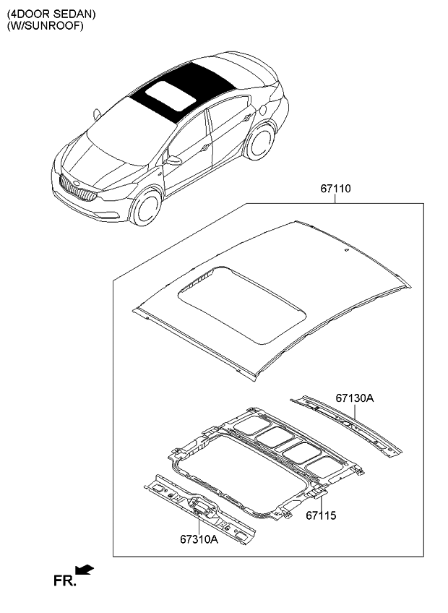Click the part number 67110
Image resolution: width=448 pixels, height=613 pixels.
coord(335,189)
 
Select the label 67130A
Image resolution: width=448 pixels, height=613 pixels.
coord(355,398)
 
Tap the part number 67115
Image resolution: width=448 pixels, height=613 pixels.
coord(321,515)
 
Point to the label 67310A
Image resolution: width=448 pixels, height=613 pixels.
coord(199,539)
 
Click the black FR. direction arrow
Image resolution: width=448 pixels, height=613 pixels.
coord(85,570)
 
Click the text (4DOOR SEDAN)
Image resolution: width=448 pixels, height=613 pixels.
coord(51,14)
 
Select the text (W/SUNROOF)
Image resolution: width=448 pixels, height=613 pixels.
coord(45,26)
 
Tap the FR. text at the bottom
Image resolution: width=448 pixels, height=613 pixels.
coord(64,581)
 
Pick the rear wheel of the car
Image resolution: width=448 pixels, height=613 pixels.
coord(260,142)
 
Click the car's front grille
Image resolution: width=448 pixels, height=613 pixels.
coord(78,188)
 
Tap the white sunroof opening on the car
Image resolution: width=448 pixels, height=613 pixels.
coord(171,95)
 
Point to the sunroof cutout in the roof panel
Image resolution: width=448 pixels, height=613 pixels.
coord(241,305)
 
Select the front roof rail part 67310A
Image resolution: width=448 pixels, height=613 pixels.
coord(199,509)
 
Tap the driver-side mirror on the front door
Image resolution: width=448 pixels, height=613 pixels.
coord(173,160)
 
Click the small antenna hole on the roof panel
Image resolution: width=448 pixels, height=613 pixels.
coord(346,250)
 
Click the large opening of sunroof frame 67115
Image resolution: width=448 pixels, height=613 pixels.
coord(241,473)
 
